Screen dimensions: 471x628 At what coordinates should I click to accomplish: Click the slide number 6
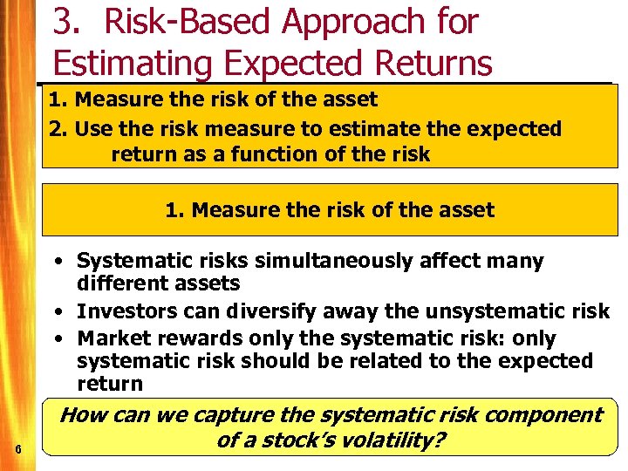point(19,449)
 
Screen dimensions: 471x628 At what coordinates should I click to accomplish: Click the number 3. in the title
point(66,22)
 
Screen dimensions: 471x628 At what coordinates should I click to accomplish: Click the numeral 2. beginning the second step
point(58,129)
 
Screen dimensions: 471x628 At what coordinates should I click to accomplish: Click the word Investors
point(122,312)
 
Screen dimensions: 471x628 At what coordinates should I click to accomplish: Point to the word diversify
point(266,312)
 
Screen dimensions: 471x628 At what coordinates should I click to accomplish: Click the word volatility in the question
point(392,440)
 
